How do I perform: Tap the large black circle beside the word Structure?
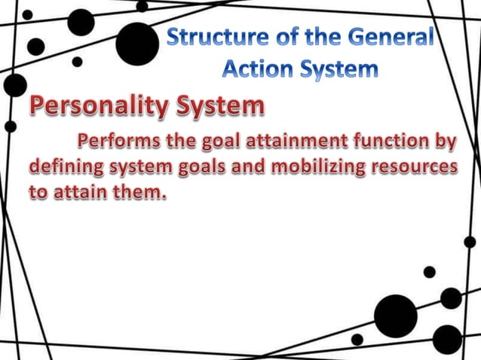(x=137, y=42)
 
